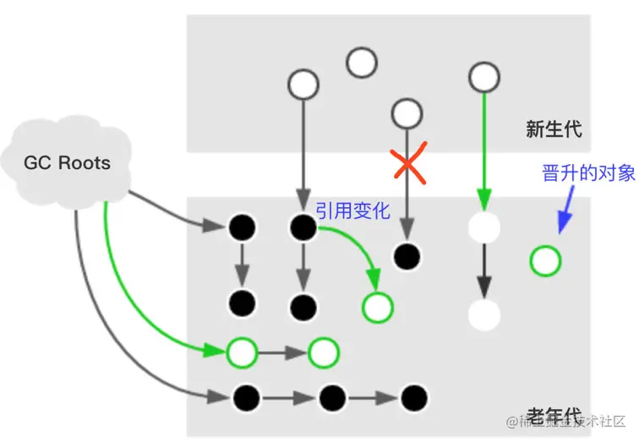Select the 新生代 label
(x=554, y=129)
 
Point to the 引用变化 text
(x=352, y=210)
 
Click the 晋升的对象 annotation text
(x=588, y=173)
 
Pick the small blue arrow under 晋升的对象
(x=564, y=214)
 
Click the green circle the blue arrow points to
(x=545, y=261)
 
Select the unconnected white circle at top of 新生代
(x=361, y=62)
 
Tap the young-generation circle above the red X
(x=407, y=112)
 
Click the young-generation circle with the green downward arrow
(x=483, y=78)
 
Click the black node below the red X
(x=407, y=254)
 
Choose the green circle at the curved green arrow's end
(x=376, y=307)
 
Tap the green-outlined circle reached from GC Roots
(x=242, y=352)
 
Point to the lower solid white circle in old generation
(x=484, y=314)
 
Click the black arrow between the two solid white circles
(x=484, y=271)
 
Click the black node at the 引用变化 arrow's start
(x=303, y=226)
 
